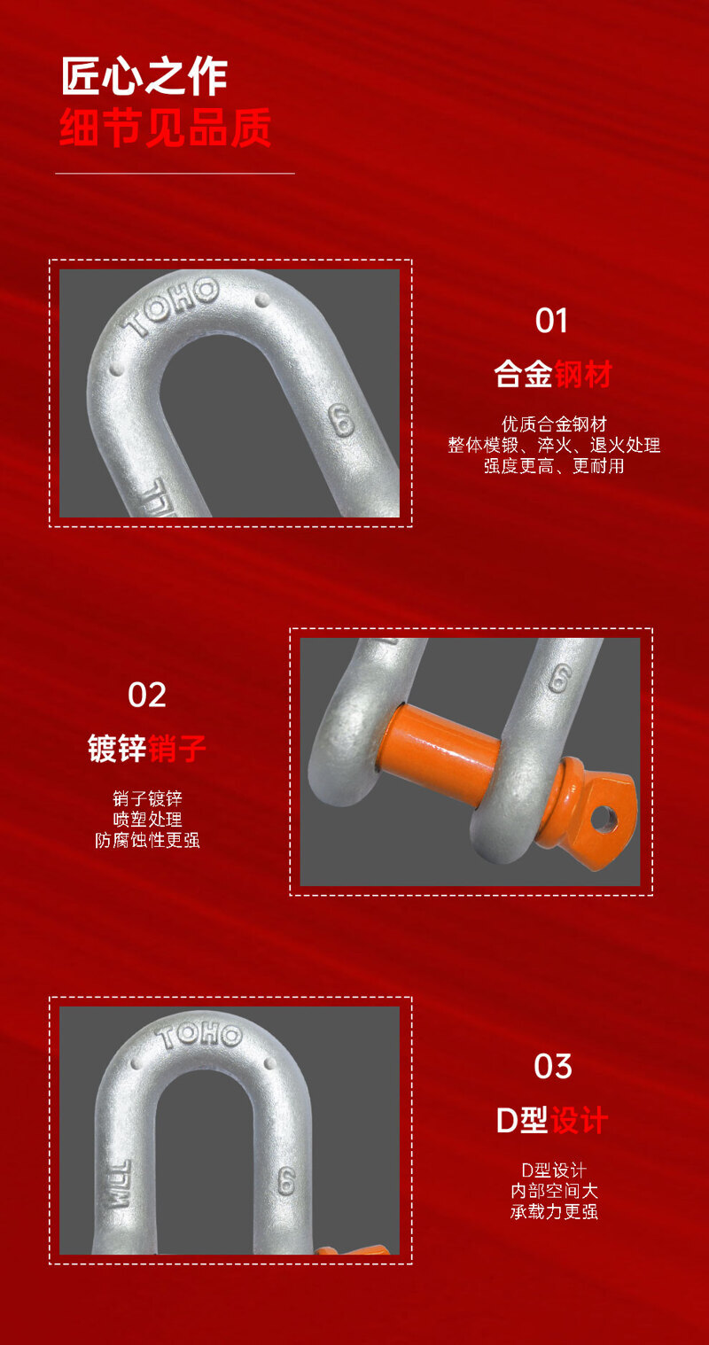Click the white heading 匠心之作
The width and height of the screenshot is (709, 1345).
[144, 76]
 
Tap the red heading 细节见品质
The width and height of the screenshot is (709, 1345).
[165, 128]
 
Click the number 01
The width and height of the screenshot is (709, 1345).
[551, 321]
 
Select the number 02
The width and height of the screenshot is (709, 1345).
[146, 695]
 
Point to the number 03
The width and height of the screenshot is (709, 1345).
[553, 1067]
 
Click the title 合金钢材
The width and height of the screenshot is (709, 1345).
[553, 374]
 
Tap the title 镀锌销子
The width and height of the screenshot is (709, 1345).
[147, 748]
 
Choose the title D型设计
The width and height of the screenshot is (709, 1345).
[552, 1120]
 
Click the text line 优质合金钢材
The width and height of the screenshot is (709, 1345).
[554, 424]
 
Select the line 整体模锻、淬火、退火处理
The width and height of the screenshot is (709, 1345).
[554, 445]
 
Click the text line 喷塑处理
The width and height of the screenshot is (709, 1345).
[148, 819]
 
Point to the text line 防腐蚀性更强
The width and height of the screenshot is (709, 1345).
[148, 840]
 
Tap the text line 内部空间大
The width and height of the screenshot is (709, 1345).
[554, 1191]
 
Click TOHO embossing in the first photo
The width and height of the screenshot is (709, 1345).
[170, 307]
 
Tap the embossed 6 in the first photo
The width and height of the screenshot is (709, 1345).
[341, 420]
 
